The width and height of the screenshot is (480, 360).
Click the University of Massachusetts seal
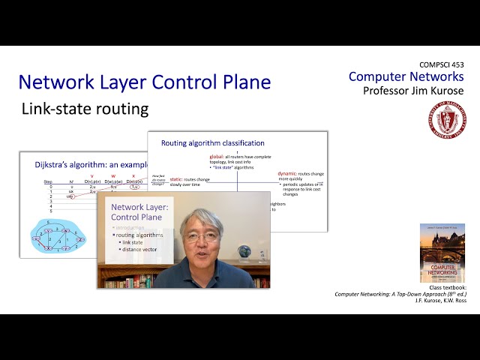click(x=447, y=120)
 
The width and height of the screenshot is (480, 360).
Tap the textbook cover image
click(x=442, y=252)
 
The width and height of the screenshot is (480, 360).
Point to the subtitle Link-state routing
click(x=85, y=109)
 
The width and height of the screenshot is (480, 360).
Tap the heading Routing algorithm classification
click(x=212, y=142)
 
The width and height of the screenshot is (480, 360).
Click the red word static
click(x=176, y=179)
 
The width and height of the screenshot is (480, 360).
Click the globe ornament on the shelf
click(x=244, y=252)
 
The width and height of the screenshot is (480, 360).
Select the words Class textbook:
click(x=447, y=287)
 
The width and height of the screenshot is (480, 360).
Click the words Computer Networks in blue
click(x=406, y=76)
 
